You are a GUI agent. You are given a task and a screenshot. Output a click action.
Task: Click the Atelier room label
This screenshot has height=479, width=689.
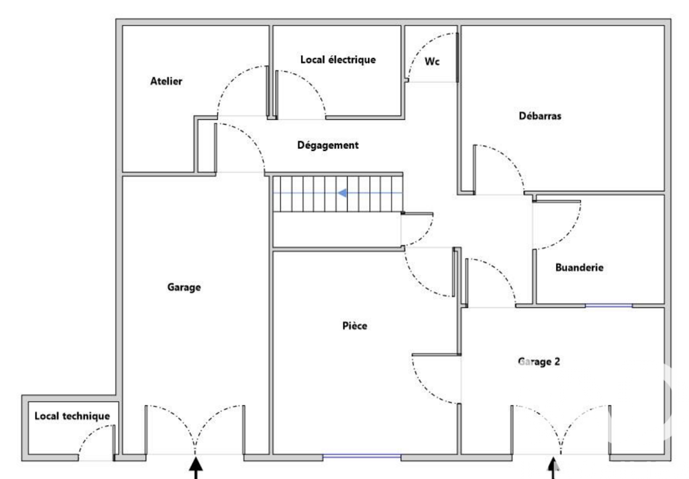tap(166, 81)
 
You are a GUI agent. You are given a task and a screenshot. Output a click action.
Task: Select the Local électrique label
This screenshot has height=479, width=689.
tap(338, 60)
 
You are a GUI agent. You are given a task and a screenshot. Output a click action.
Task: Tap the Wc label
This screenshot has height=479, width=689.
tap(431, 61)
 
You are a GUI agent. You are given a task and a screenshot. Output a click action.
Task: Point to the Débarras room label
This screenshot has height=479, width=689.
tap(539, 116)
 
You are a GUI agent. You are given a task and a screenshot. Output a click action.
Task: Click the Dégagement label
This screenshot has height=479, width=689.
tap(328, 145)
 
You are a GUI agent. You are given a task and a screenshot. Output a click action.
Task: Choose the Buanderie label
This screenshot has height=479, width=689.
tap(579, 268)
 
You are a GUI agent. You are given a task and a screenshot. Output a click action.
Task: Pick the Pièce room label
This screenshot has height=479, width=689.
tap(354, 326)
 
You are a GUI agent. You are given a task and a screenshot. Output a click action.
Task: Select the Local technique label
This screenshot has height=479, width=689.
tap(72, 416)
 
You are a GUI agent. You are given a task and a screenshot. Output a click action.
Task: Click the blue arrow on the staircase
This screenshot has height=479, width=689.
tap(342, 194)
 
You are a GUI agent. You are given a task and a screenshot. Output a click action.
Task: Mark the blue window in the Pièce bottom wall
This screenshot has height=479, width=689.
tap(362, 456)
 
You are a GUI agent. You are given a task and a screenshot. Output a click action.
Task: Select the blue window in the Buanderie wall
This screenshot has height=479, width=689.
tap(608, 305)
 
